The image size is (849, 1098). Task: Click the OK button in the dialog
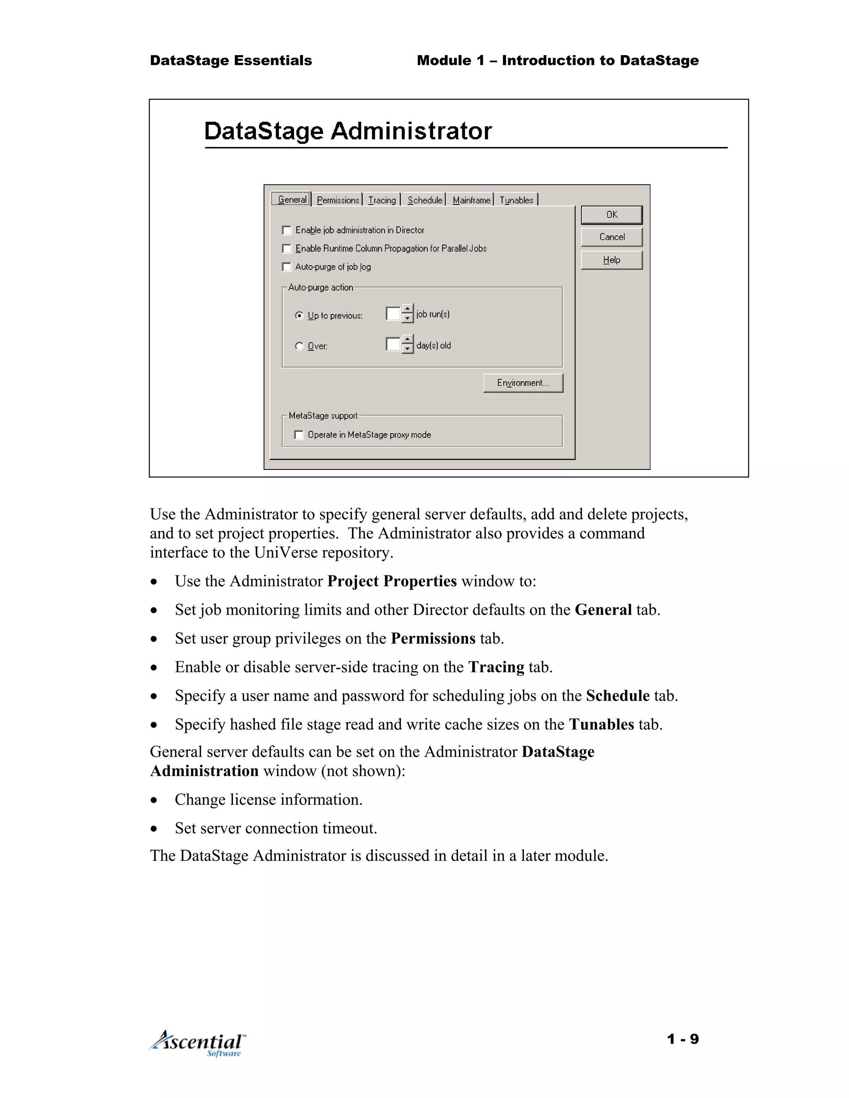[611, 215]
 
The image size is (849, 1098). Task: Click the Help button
[611, 260]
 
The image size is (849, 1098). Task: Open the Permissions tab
[338, 200]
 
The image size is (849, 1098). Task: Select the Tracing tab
[382, 200]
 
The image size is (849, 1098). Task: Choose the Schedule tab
[424, 200]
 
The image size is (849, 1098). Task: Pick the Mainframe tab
[471, 200]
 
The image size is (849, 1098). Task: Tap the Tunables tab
[516, 200]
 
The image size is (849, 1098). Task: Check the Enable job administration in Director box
[287, 230]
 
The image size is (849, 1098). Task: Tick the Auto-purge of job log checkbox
[287, 267]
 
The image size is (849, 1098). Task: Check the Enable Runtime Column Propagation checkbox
[287, 248]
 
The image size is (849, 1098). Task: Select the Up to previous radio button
[299, 316]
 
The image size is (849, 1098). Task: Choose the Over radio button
[299, 346]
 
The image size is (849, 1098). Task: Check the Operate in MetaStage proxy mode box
[299, 435]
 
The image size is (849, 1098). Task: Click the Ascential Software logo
[198, 1043]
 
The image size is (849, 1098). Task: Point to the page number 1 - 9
[682, 1039]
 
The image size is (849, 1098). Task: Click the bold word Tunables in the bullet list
[601, 724]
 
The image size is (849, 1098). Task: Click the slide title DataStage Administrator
[347, 131]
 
